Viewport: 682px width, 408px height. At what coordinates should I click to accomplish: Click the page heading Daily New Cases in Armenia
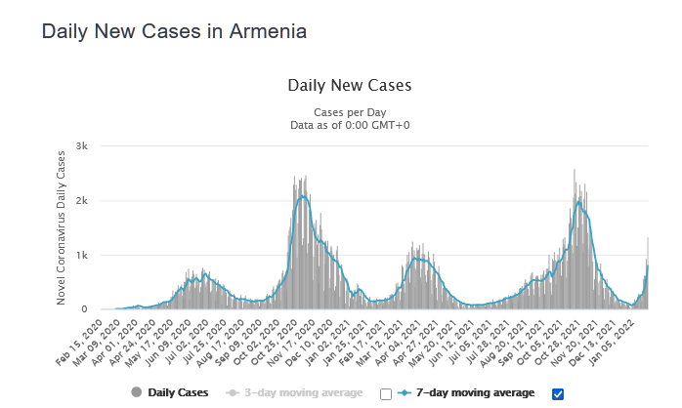[x=175, y=31]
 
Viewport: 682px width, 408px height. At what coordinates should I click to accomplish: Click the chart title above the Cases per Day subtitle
[x=349, y=85]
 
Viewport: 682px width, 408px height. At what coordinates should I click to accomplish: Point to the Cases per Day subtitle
[x=349, y=111]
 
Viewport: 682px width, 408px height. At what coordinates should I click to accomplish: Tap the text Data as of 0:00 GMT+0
[x=349, y=125]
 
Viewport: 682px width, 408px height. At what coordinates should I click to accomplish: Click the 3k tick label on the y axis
[x=84, y=146]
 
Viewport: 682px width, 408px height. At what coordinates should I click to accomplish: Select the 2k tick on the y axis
[x=84, y=201]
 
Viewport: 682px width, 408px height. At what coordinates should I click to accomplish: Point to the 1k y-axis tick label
[x=84, y=256]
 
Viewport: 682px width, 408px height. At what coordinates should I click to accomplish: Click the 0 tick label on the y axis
[x=86, y=309]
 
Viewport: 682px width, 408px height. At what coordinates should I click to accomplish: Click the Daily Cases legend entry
[x=177, y=392]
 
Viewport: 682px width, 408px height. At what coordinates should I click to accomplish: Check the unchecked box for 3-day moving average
[x=385, y=393]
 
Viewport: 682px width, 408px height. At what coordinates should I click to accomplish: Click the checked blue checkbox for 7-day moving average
[x=558, y=393]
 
